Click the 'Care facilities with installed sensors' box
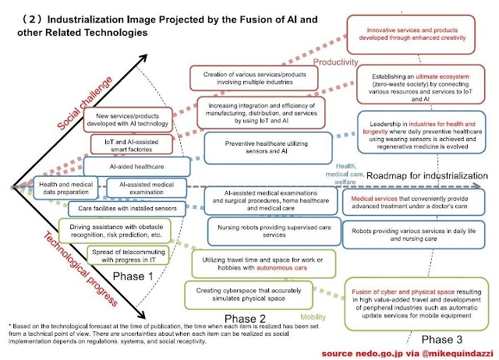(126, 209)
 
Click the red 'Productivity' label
(336, 62)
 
